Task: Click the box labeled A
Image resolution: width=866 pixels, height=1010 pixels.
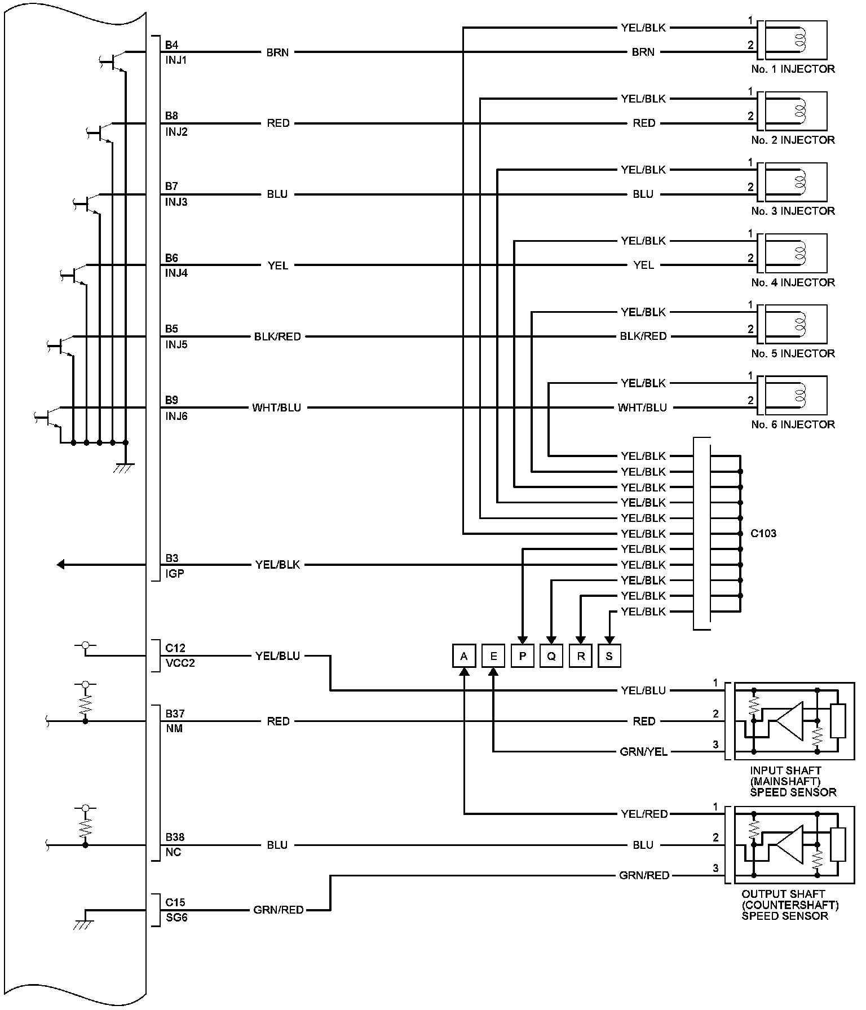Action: click(464, 656)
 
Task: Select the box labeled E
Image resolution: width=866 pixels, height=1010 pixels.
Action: click(493, 656)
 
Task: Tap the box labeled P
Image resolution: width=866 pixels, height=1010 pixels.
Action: click(523, 656)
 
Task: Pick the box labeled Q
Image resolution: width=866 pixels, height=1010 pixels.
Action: click(551, 656)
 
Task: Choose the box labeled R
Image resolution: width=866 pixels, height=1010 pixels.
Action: click(581, 656)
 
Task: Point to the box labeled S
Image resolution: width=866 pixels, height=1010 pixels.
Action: click(609, 656)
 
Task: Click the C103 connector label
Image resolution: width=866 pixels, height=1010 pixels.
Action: click(763, 533)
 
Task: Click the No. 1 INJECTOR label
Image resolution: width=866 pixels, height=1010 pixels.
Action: click(793, 69)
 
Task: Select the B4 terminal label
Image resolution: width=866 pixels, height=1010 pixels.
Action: click(171, 45)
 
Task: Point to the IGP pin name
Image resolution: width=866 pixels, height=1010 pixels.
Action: click(174, 574)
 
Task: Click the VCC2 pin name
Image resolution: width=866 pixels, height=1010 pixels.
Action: click(180, 663)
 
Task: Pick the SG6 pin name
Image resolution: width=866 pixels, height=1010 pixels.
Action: click(176, 918)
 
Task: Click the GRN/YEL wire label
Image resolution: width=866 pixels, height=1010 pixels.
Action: click(643, 752)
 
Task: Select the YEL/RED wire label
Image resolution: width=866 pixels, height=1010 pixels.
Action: click(644, 814)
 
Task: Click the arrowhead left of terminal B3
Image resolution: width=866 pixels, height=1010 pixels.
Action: click(61, 564)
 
